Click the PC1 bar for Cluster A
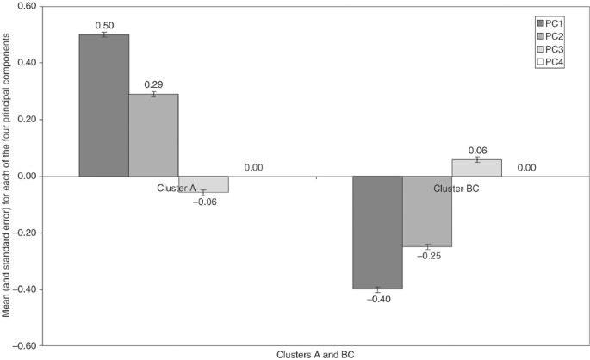(103, 105)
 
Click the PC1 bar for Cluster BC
(376, 233)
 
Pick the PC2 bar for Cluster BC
(426, 211)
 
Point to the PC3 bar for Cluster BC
(476, 168)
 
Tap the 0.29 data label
(153, 85)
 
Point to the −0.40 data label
(376, 299)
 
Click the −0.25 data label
(426, 256)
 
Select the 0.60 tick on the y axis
(25, 7)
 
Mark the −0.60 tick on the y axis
(22, 345)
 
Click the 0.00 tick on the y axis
(25, 177)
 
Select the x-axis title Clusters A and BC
(315, 354)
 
